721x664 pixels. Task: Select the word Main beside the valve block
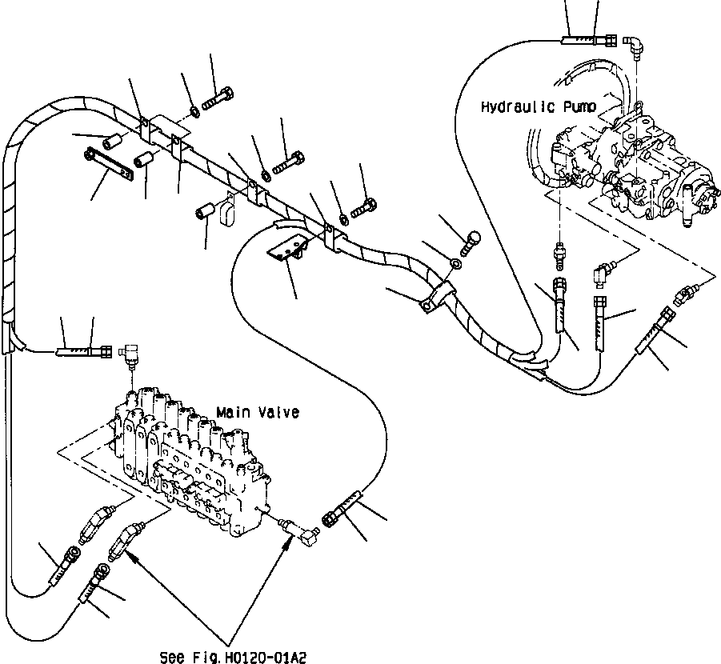click(x=233, y=412)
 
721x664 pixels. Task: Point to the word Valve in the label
click(x=278, y=412)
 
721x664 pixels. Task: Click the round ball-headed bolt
click(x=471, y=238)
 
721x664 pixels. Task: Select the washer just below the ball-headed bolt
click(x=456, y=262)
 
